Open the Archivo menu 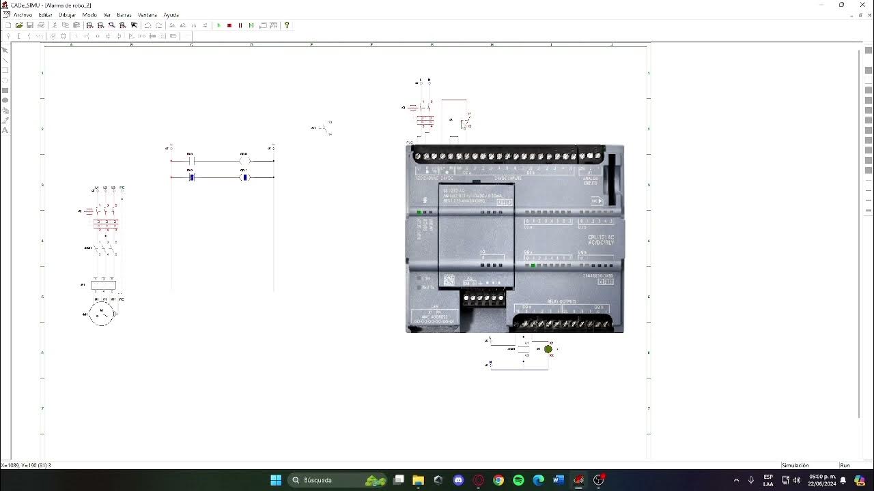click(x=23, y=15)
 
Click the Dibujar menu click(x=67, y=15)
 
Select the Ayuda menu click(x=171, y=15)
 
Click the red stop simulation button click(x=229, y=25)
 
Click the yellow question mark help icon click(x=287, y=25)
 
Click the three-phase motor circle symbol click(x=101, y=314)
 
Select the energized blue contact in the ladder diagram click(x=192, y=177)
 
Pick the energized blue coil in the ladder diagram click(x=244, y=177)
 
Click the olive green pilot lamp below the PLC click(x=548, y=349)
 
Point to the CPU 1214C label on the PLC click(x=600, y=239)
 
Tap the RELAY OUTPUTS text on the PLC click(x=561, y=301)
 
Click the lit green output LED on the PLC click(x=533, y=265)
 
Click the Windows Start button click(x=276, y=480)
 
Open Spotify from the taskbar click(x=518, y=480)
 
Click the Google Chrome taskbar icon click(x=498, y=480)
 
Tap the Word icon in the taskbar click(x=558, y=480)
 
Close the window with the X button click(x=860, y=5)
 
